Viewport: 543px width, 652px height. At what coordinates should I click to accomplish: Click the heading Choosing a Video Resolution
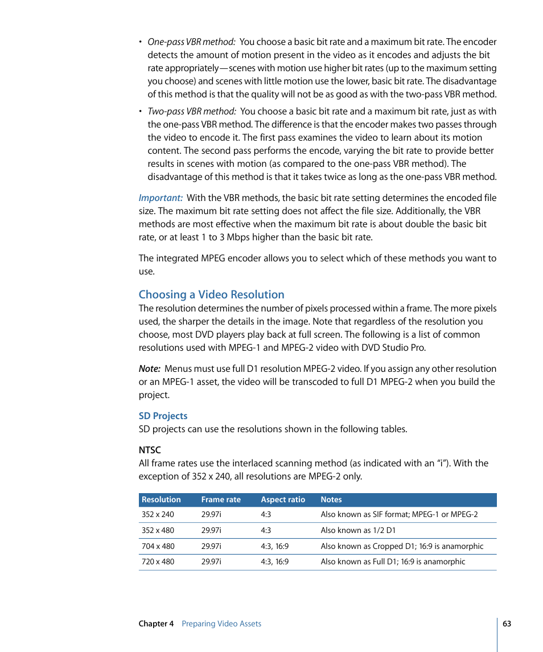pyautogui.click(x=211, y=294)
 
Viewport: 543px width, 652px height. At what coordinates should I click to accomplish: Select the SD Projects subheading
pyautogui.click(x=163, y=416)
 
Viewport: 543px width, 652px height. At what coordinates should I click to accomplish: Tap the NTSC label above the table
pyautogui.click(x=150, y=450)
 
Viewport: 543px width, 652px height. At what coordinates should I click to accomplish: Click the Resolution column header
pyautogui.click(x=161, y=499)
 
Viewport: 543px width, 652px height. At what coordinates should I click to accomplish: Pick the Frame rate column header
pyautogui.click(x=221, y=499)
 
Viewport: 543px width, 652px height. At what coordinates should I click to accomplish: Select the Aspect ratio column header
pyautogui.click(x=283, y=499)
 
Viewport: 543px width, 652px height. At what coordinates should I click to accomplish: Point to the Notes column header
pyautogui.click(x=331, y=499)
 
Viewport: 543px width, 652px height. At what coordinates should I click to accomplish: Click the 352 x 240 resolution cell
pyautogui.click(x=158, y=514)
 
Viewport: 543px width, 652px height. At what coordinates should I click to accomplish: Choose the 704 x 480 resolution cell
pyautogui.click(x=158, y=546)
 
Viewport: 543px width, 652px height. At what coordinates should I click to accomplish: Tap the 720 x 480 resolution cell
pyautogui.click(x=158, y=561)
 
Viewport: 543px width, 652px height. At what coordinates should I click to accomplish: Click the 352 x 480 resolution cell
pyautogui.click(x=158, y=530)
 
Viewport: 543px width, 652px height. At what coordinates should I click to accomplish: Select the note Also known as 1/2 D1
pyautogui.click(x=358, y=530)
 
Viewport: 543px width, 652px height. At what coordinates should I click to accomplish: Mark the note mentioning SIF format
pyautogui.click(x=399, y=514)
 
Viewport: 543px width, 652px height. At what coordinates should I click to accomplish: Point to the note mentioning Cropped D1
pyautogui.click(x=402, y=546)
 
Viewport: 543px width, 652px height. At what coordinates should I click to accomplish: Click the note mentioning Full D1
pyautogui.click(x=393, y=561)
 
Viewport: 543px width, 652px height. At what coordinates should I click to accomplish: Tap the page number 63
pyautogui.click(x=507, y=624)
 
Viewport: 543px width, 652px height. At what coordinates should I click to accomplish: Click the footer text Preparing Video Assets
pyautogui.click(x=221, y=624)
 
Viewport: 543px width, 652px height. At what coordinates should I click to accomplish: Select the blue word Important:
pyautogui.click(x=161, y=198)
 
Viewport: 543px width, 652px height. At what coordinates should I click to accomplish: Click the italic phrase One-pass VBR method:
pyautogui.click(x=191, y=42)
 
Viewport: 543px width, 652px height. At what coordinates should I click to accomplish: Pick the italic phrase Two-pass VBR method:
pyautogui.click(x=192, y=111)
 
